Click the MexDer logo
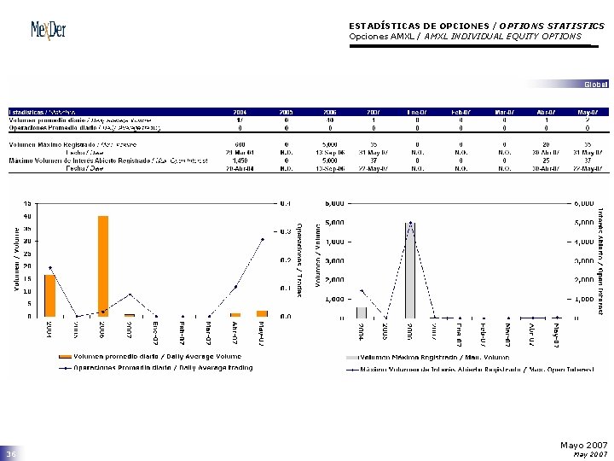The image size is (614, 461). point(48,30)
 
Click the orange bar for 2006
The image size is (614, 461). point(103,266)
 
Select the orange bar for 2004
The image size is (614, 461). point(50,295)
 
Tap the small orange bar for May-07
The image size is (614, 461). point(262,313)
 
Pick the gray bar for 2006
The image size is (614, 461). point(410,270)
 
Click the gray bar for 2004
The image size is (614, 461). point(362,312)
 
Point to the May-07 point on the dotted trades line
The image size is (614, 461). point(262,239)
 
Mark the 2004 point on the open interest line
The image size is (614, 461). point(362,291)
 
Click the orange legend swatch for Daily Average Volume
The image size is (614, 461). point(65,357)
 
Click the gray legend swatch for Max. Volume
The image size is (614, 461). point(352,357)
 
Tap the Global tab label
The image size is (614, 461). point(595,84)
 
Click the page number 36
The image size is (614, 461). point(12,455)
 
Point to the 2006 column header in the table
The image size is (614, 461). point(329,112)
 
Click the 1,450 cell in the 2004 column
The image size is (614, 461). point(240,160)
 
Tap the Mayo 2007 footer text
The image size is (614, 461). point(583,446)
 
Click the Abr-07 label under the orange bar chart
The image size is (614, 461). point(235,329)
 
